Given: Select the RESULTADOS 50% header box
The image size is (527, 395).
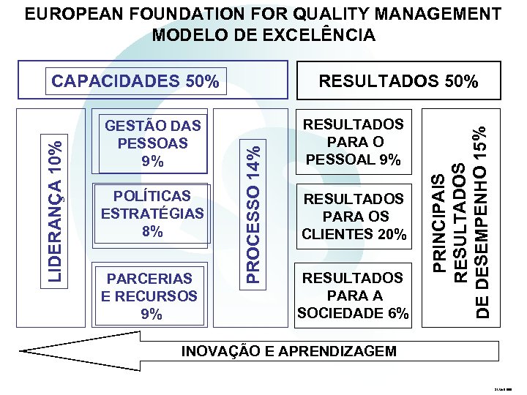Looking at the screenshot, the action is (x=398, y=81).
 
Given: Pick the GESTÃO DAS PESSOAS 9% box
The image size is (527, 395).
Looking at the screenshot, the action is (x=153, y=143).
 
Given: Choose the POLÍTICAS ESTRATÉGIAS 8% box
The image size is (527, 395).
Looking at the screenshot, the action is (x=153, y=214).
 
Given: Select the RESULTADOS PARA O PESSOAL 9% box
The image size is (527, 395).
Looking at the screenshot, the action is (x=354, y=142).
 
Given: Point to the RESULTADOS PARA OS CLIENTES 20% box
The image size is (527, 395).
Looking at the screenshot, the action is (x=354, y=217).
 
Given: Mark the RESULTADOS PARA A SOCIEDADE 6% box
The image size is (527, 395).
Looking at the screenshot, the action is (x=354, y=296).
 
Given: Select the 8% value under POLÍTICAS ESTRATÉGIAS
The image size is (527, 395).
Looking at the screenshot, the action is (x=153, y=232).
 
